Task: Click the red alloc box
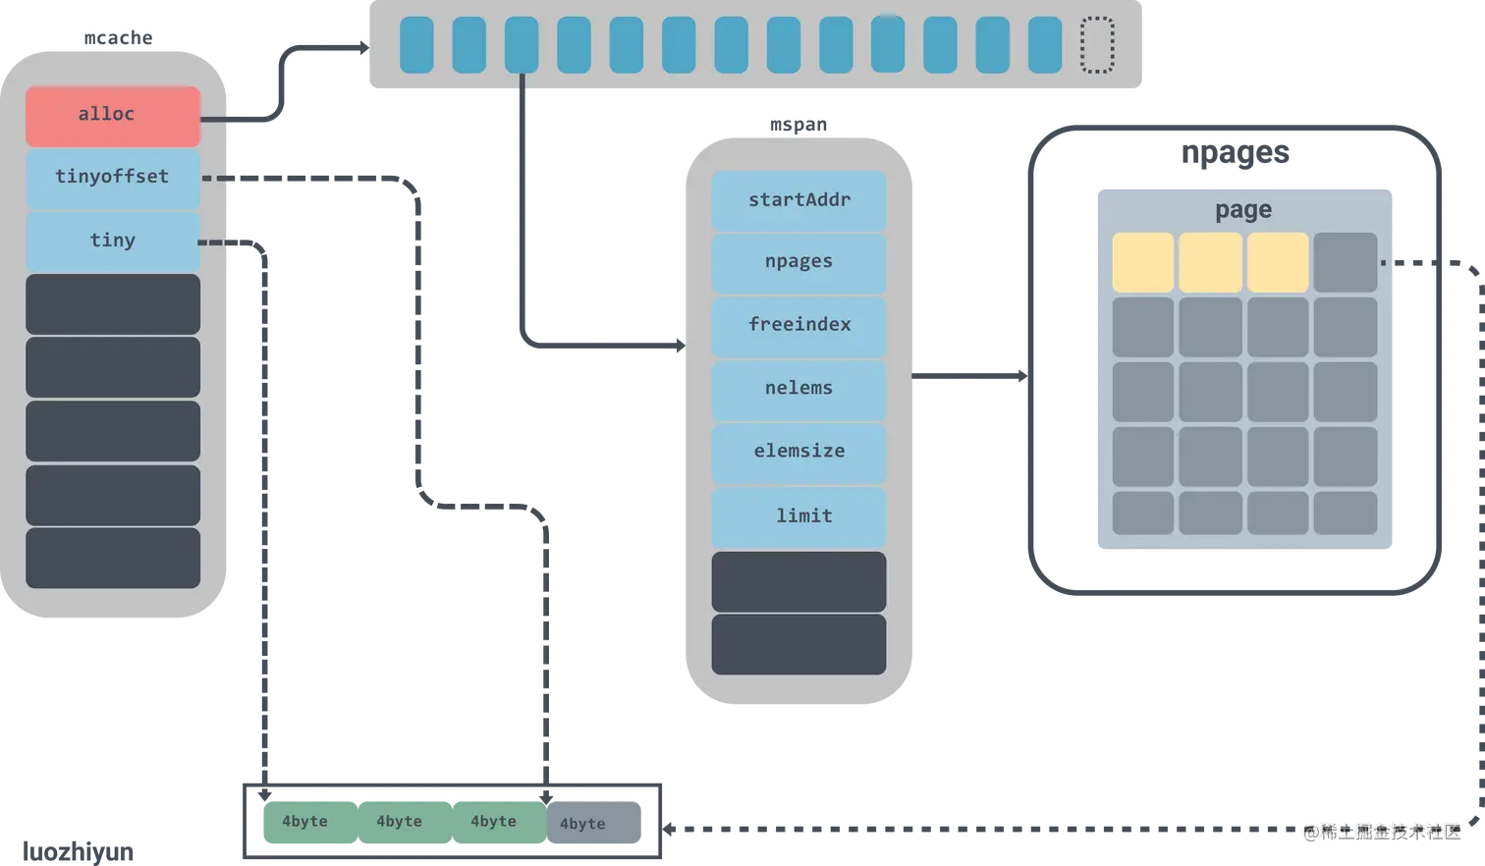coord(113,116)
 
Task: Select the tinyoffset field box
coord(113,178)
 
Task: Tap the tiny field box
coord(113,242)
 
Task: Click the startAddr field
coord(798,201)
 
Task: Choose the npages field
coord(798,262)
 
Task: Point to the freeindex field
coord(798,325)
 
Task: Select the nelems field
coord(798,389)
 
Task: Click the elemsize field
coord(798,452)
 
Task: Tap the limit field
coord(798,516)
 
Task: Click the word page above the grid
coord(1243,210)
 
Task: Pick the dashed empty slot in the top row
coord(1097,45)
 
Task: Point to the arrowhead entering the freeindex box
coord(679,345)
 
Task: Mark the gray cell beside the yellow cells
coord(1345,262)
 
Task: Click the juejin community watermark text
coord(1382,831)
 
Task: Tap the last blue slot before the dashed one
coord(1045,45)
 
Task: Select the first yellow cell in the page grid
coord(1142,262)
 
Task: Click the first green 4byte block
coord(305,822)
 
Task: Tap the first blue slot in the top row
coord(416,45)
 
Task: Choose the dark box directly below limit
coord(798,581)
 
